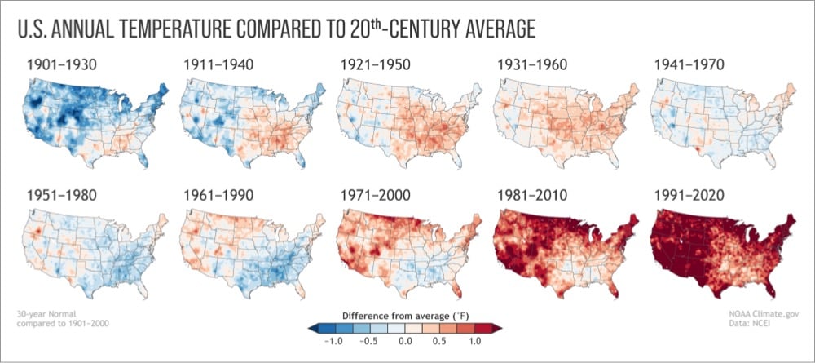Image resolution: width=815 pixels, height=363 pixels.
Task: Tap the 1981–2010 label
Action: [532, 196]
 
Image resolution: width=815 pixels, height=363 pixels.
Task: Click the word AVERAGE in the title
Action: [489, 29]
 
